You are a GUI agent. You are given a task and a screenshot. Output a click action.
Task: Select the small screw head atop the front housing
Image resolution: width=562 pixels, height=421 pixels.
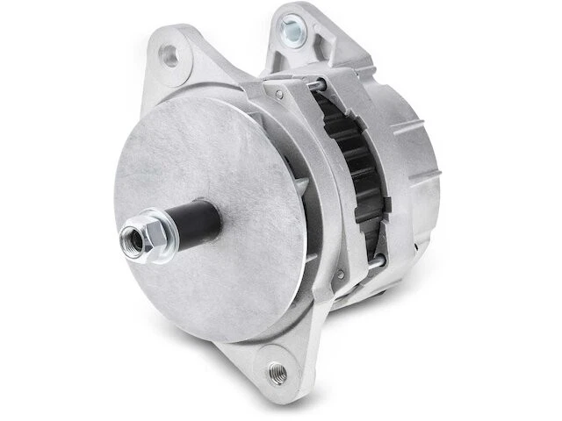click(x=278, y=92)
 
